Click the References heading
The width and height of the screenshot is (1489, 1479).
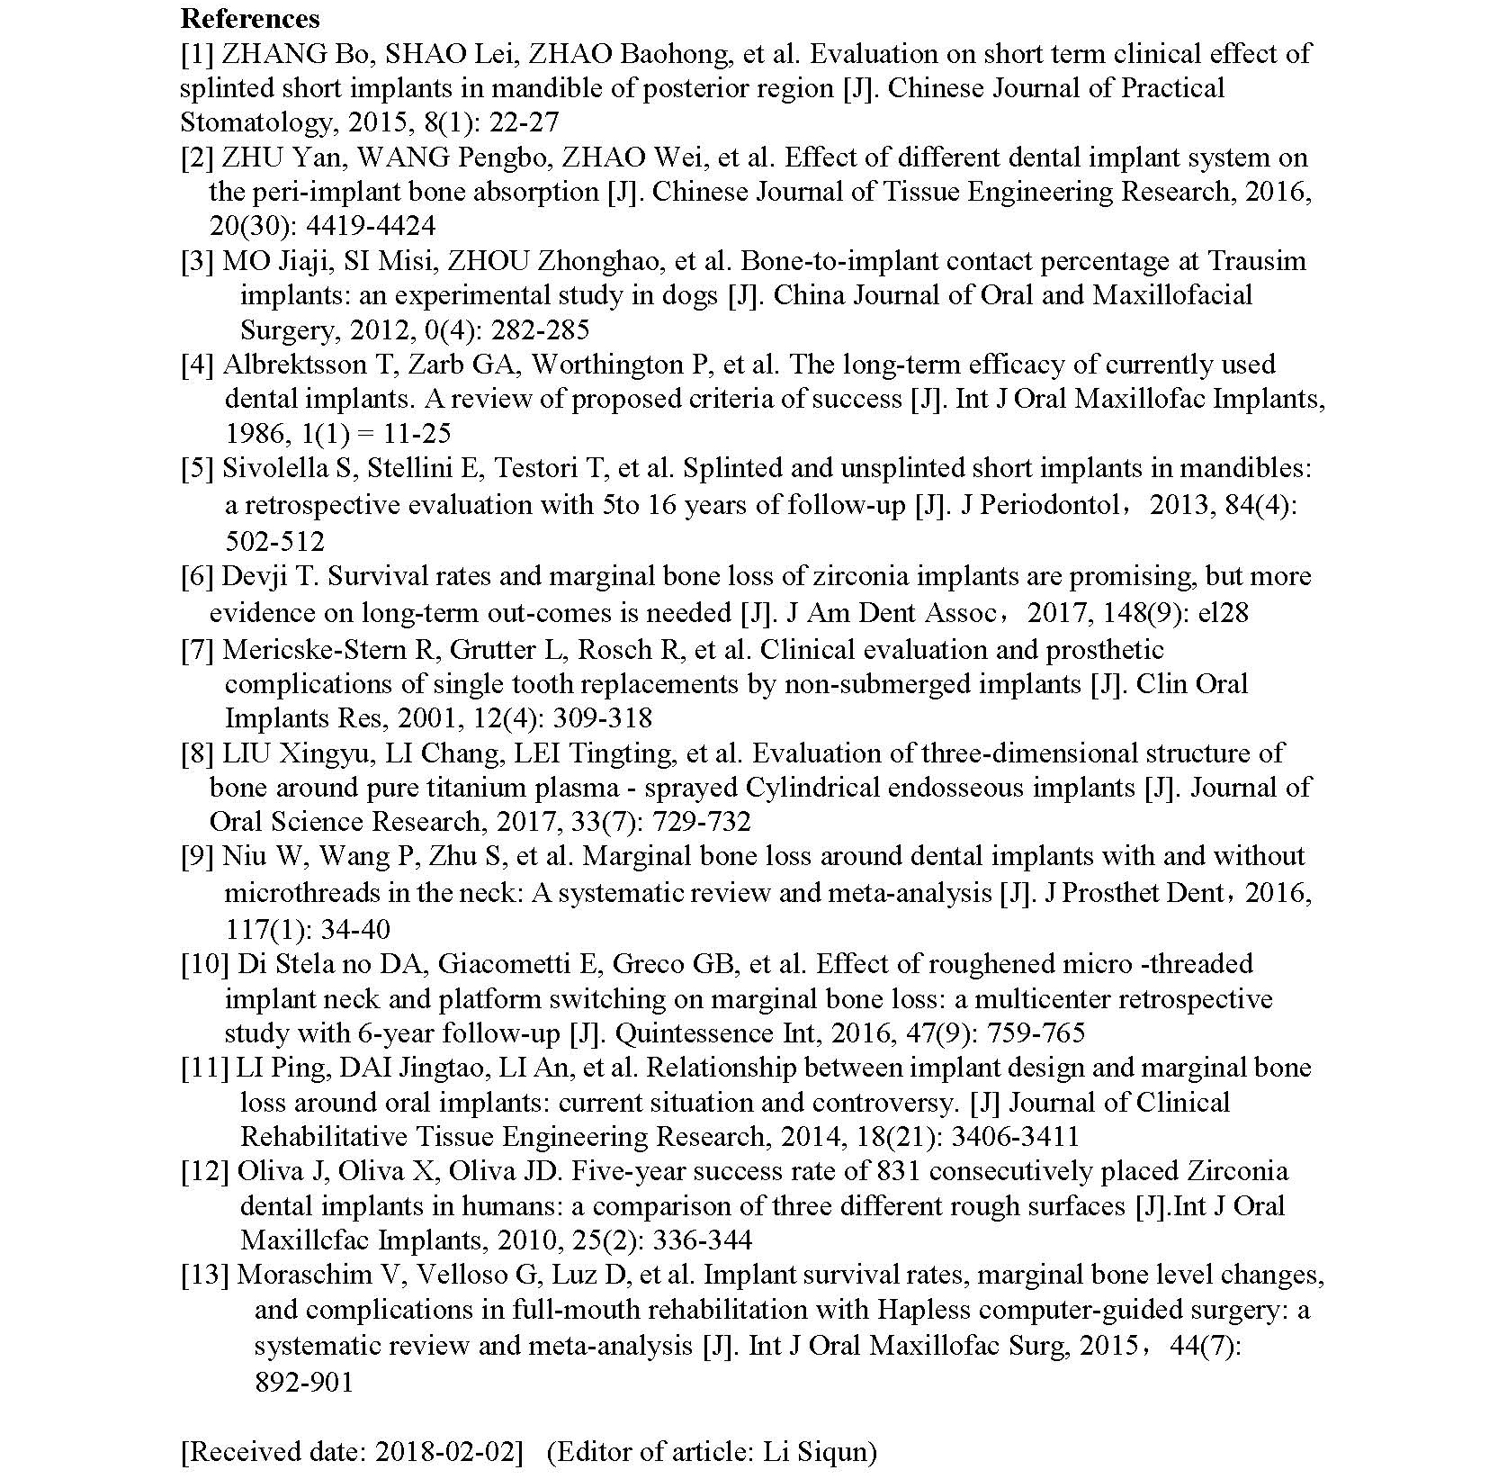[x=249, y=18]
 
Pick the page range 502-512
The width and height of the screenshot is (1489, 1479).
[x=274, y=540]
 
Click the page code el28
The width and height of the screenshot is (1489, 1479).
[x=1224, y=613]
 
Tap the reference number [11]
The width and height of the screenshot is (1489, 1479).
[x=204, y=1068]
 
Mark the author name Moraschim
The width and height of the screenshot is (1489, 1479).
[x=304, y=1275]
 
